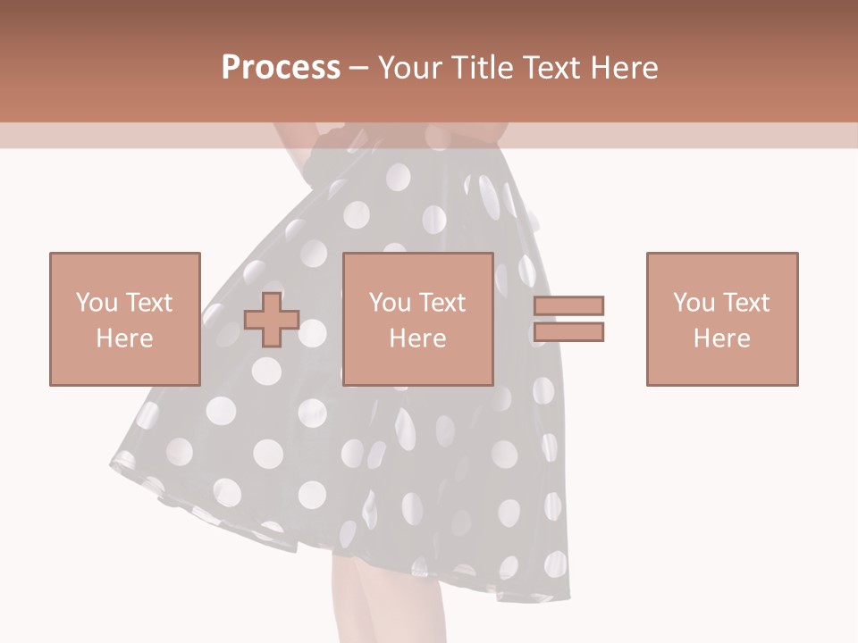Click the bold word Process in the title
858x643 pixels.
pos(281,68)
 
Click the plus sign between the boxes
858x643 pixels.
pos(272,319)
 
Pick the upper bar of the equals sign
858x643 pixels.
pos(568,305)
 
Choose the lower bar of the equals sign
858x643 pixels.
pos(568,331)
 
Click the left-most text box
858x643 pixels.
pos(124,319)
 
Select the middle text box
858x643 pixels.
pos(417,319)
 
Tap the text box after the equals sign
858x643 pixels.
pos(722,319)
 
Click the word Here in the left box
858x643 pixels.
pos(124,338)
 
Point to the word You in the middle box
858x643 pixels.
pos(390,303)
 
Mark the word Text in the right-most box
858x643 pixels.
pos(745,303)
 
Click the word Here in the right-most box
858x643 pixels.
pos(722,338)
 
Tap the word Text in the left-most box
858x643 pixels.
pos(147,303)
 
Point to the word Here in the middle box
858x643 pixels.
pos(417,338)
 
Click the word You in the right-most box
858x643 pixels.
pos(694,303)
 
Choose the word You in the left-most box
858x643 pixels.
pos(96,303)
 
